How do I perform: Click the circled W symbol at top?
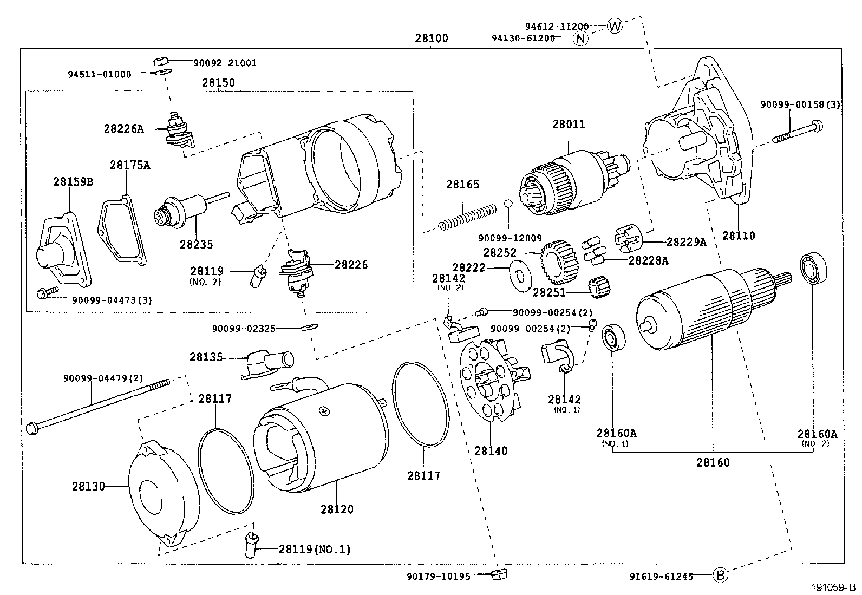615,25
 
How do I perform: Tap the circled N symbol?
580,38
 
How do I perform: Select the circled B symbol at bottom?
720,575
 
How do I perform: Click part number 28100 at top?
432,38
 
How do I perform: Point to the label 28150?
219,82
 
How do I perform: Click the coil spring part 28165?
467,216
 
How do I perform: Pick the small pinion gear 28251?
599,287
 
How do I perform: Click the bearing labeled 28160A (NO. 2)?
814,268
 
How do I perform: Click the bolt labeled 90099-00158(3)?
797,133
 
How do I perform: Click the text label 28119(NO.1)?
315,550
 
